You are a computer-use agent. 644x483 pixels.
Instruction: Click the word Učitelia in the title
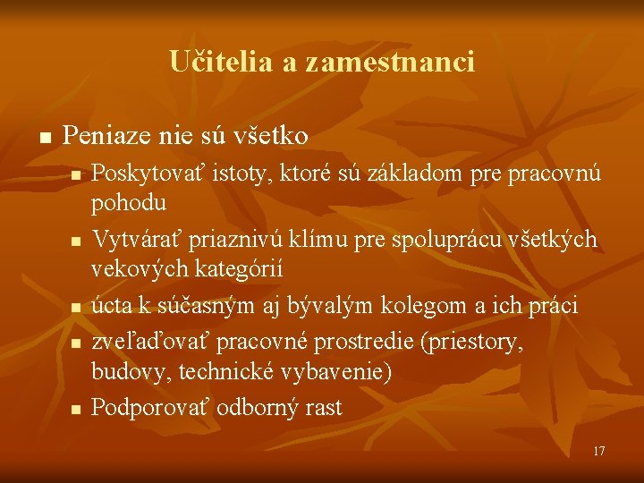coord(209,62)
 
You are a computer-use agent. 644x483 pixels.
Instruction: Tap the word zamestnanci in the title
coord(390,62)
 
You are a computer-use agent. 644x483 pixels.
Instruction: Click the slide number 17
coord(598,451)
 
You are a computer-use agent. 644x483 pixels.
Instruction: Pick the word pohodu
coord(129,202)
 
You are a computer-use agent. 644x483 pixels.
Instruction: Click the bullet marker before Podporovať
coord(77,410)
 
